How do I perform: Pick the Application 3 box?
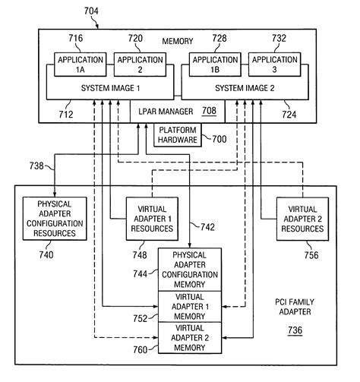coord(274,63)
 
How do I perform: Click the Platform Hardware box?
coord(176,135)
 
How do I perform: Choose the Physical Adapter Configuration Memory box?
coord(189,269)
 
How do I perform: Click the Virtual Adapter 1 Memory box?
coord(189,306)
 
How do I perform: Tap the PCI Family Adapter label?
coord(292,307)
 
